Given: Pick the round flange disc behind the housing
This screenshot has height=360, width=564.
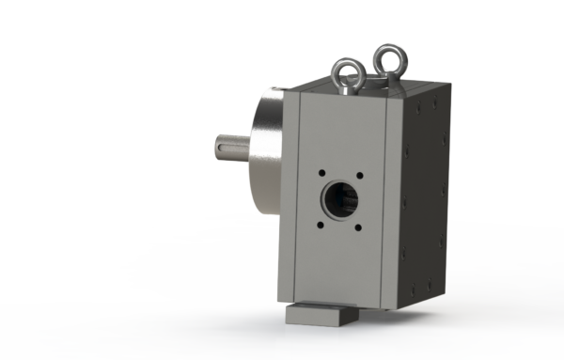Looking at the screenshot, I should pyautogui.click(x=267, y=141).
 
